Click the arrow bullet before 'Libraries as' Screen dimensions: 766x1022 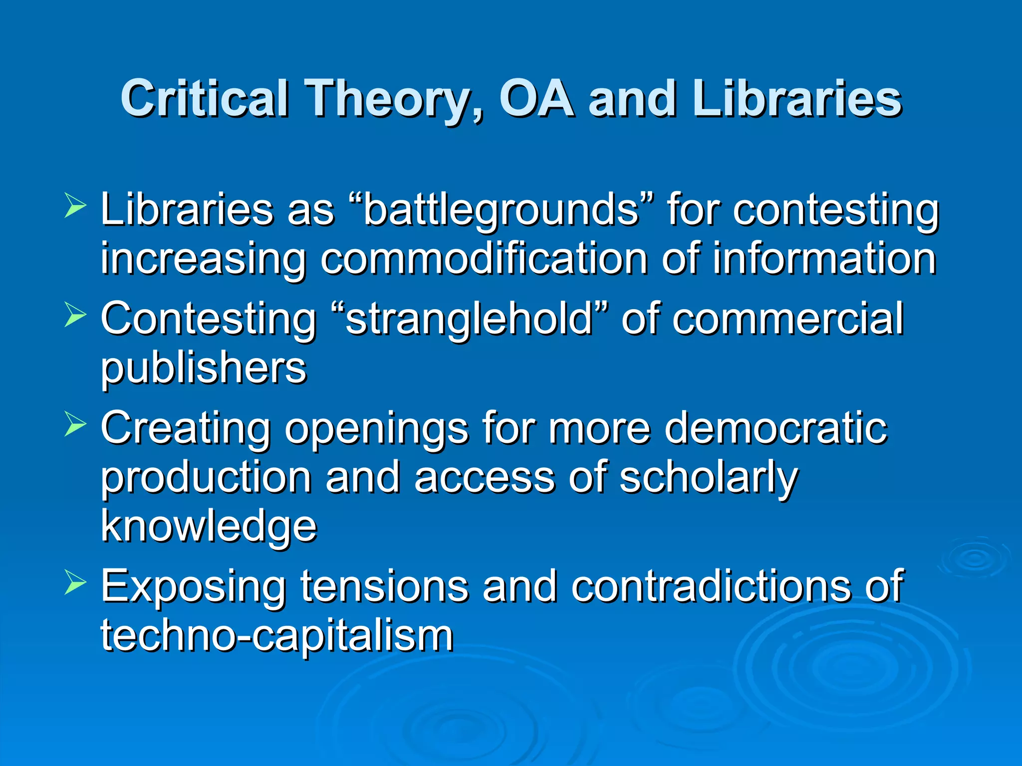point(75,206)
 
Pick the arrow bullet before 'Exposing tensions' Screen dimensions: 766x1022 point(75,583)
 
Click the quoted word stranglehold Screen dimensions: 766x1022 point(469,319)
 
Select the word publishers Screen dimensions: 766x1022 point(204,369)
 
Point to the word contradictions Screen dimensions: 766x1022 point(711,586)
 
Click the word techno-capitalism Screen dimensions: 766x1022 point(277,635)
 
